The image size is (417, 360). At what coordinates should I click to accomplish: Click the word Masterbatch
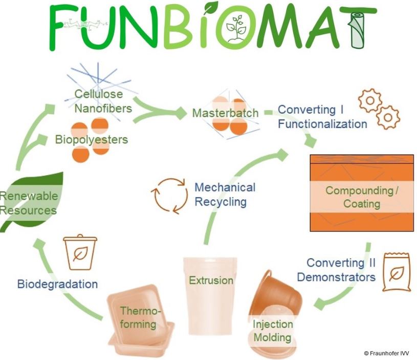[225, 113]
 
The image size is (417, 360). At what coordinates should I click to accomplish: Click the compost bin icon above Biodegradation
[80, 252]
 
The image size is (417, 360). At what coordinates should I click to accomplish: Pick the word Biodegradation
[57, 284]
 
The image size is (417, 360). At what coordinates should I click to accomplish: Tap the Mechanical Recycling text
[225, 194]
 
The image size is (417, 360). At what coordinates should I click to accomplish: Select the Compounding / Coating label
[362, 197]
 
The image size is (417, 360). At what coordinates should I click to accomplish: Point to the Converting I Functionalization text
[322, 117]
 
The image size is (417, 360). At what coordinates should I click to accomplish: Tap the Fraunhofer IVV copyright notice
[386, 353]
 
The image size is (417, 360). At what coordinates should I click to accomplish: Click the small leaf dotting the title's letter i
[210, 7]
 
